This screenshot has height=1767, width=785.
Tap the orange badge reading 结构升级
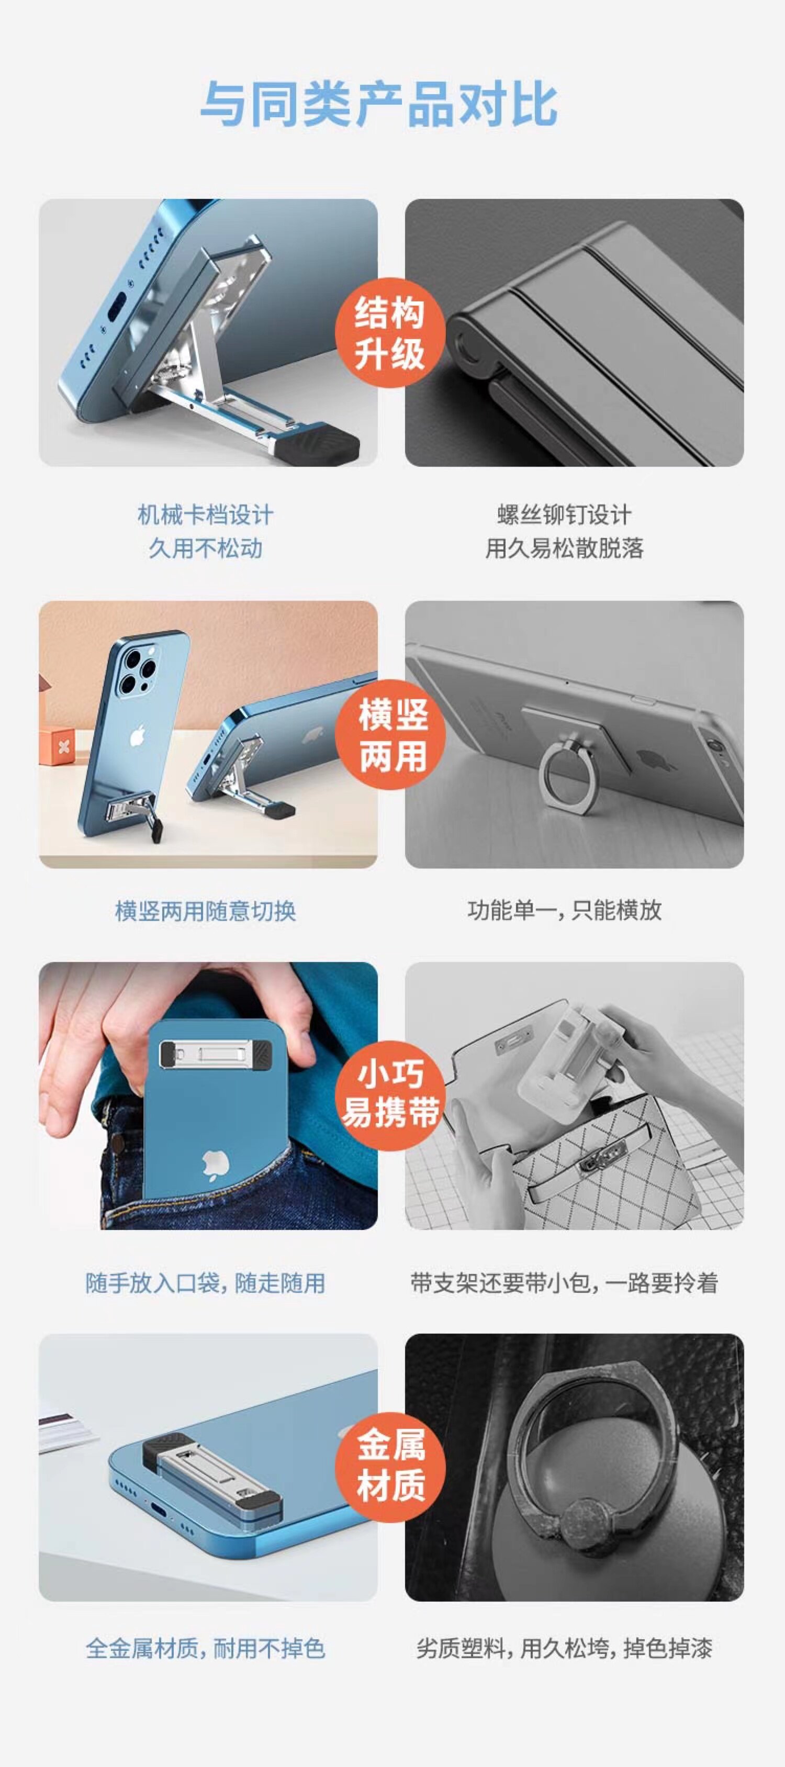pyautogui.click(x=390, y=333)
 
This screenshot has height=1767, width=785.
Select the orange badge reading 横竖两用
pyautogui.click(x=390, y=735)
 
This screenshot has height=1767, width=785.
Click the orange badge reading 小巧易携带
pyautogui.click(x=390, y=1095)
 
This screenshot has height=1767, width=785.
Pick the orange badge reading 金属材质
pyautogui.click(x=390, y=1467)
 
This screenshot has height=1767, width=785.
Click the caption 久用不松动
pyautogui.click(x=206, y=548)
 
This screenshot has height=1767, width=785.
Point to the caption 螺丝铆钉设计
pyautogui.click(x=564, y=515)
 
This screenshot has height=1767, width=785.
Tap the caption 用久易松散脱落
pyautogui.click(x=564, y=548)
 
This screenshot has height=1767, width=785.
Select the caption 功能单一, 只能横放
pyautogui.click(x=564, y=910)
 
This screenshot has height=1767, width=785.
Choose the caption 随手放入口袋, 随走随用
pyautogui.click(x=206, y=1283)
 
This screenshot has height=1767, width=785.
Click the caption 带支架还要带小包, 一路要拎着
pyautogui.click(x=564, y=1283)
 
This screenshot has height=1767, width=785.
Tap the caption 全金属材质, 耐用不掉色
pyautogui.click(x=206, y=1648)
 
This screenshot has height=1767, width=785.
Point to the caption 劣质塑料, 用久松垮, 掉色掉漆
pyautogui.click(x=564, y=1648)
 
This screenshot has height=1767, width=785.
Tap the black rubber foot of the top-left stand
pyautogui.click(x=315, y=444)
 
